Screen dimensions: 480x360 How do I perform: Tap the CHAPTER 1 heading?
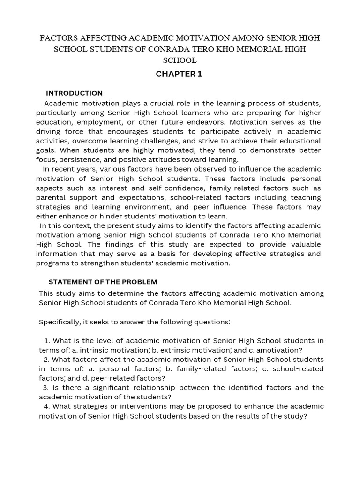click(x=180, y=74)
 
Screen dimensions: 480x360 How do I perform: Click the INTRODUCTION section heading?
click(x=74, y=93)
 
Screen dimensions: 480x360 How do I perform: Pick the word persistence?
click(x=78, y=159)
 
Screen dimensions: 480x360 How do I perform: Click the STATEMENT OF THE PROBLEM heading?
click(x=103, y=282)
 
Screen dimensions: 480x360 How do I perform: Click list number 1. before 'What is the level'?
click(x=47, y=340)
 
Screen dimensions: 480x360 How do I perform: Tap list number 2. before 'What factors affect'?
click(x=46, y=359)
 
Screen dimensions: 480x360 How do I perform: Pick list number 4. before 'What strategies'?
click(x=46, y=406)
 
